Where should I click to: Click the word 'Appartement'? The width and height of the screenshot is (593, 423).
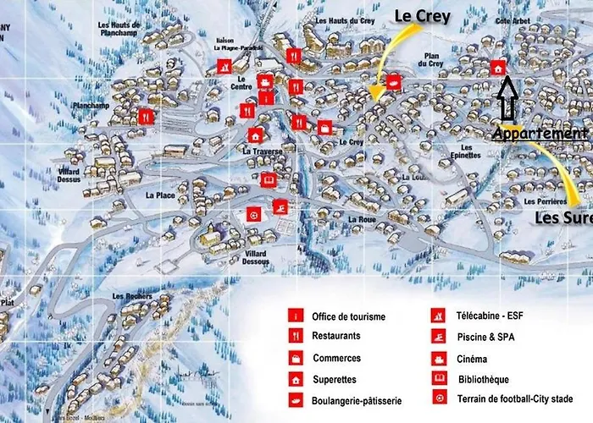540,134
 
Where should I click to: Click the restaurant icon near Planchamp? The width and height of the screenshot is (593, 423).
146,116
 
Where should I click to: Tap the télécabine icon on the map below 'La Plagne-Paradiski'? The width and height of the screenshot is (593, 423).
224,66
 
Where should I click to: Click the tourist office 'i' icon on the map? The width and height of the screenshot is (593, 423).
267,99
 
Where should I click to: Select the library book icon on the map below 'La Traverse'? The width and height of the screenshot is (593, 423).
269,179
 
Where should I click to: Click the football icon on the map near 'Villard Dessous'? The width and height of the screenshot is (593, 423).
253,215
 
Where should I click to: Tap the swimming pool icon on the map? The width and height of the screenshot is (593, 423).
280,207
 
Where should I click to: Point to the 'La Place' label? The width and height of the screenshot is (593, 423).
160,195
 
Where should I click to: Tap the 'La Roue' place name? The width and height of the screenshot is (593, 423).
361,218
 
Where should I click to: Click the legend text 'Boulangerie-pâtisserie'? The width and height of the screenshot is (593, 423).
357,400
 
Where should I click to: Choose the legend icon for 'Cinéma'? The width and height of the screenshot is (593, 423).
439,358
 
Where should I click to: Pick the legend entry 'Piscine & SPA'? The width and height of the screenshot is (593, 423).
484,337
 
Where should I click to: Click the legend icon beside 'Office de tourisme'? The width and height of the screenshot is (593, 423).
296,316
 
